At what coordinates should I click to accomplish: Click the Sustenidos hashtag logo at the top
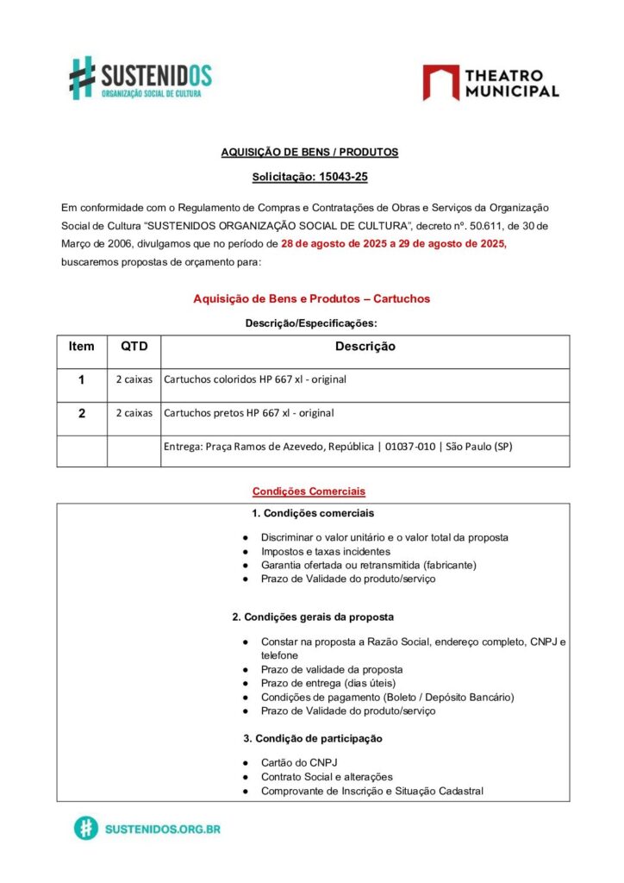click(x=82, y=77)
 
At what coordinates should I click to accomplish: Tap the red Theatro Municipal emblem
click(x=440, y=83)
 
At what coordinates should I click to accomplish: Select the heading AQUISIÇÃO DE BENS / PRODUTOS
click(x=309, y=152)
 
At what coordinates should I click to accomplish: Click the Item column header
click(x=82, y=347)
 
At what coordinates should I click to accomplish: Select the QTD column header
click(x=134, y=347)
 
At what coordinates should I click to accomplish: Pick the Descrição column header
click(x=365, y=347)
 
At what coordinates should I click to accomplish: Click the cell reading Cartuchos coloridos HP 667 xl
click(x=255, y=379)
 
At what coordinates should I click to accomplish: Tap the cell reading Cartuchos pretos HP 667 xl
click(x=248, y=413)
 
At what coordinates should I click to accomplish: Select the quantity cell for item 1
click(x=134, y=379)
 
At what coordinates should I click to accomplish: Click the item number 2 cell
click(x=82, y=413)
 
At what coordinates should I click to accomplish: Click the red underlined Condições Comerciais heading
click(x=309, y=492)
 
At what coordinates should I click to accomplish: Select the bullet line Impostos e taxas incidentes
click(x=325, y=551)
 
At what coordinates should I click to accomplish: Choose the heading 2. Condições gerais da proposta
click(x=313, y=617)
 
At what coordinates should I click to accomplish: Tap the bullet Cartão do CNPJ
click(x=298, y=763)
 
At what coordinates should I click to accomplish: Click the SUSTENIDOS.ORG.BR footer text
click(x=162, y=829)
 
